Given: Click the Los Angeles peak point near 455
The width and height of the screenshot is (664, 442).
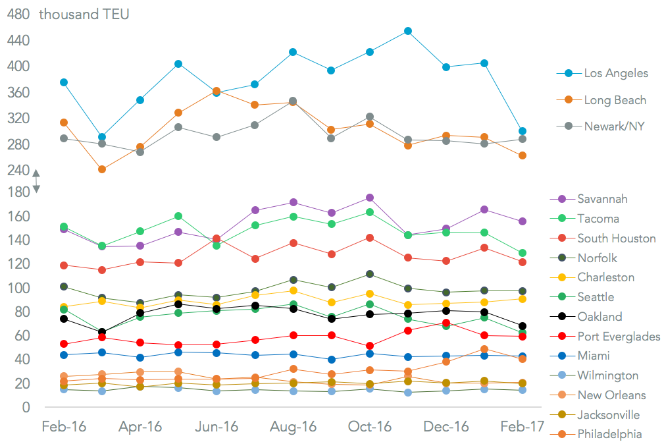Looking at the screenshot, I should click(x=408, y=31).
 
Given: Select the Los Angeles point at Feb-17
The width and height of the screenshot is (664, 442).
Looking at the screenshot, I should click(x=522, y=131).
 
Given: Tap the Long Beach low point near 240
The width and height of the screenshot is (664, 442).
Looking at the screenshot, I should click(x=102, y=169).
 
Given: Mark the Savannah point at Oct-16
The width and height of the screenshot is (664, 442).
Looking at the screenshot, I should click(x=370, y=198).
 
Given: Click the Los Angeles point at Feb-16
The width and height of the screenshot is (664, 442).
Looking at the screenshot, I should click(x=64, y=82).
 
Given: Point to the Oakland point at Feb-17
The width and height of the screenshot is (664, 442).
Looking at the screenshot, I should click(x=522, y=326).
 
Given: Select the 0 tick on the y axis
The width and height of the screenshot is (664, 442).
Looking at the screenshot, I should click(x=26, y=408).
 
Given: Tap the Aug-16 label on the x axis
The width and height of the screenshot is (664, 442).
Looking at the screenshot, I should click(x=293, y=427).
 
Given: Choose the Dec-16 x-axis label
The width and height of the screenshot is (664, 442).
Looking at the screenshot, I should click(x=446, y=427).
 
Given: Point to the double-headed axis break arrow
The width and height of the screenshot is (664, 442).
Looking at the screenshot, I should click(x=36, y=181).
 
